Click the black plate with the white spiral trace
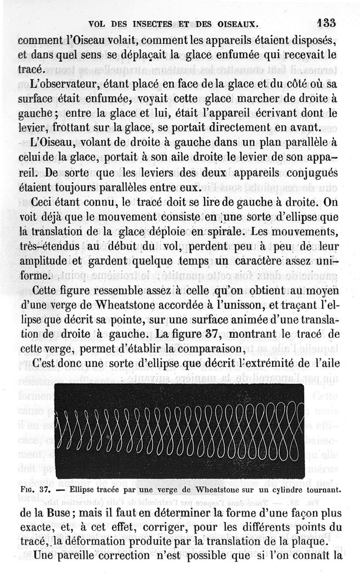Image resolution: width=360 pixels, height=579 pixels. coord(180,431)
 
